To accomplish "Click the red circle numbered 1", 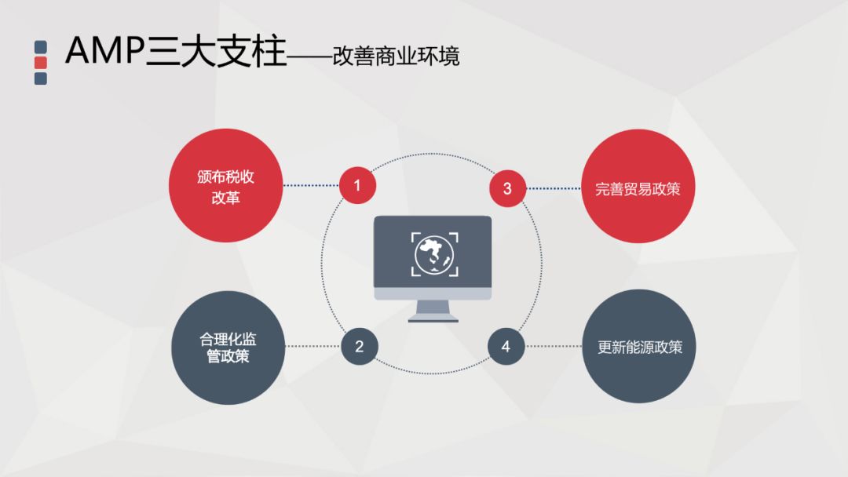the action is [357, 186].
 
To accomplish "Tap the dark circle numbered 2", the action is [360, 346].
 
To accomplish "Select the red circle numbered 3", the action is [507, 188].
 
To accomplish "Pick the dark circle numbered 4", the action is [506, 346].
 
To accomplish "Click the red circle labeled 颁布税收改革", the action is [226, 186].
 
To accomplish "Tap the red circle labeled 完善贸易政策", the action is [638, 188].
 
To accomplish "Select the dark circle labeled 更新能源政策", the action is [639, 347].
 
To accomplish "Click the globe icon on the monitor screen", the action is [433, 253].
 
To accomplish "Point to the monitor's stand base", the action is [433, 319].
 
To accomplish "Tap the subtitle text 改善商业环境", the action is [396, 56].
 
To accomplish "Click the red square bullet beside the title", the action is [41, 63].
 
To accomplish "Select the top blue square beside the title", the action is [41, 47].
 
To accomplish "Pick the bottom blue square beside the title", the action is [41, 78].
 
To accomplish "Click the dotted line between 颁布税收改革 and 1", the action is [311, 186].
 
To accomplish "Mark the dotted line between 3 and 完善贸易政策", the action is [553, 188].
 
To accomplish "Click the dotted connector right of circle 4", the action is [554, 346].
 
